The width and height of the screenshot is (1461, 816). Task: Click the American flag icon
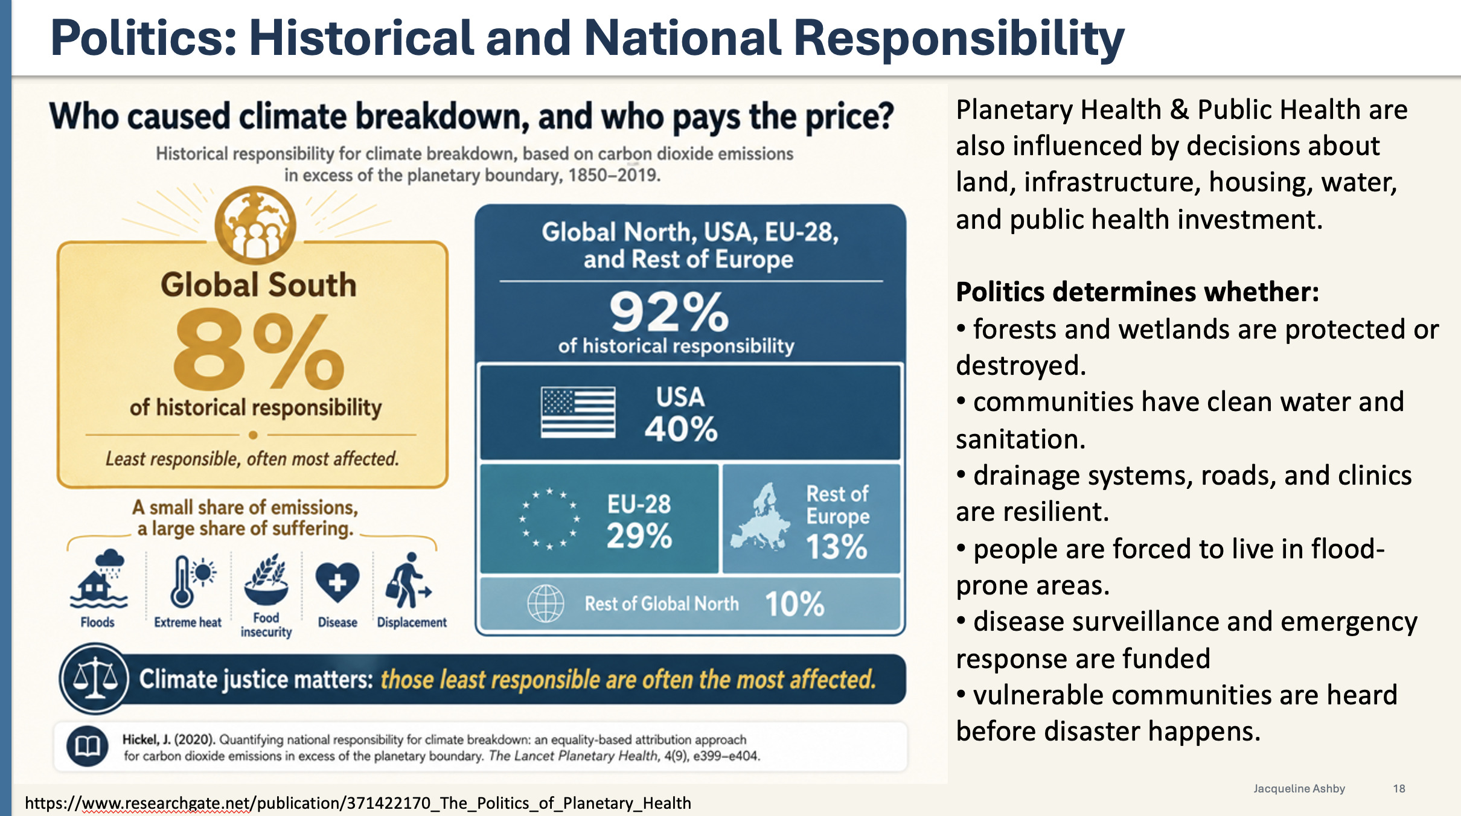tap(578, 412)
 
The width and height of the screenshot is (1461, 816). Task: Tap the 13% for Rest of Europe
tap(837, 547)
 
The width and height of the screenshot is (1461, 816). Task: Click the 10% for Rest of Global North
tap(794, 604)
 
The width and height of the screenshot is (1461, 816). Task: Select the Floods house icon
tap(98, 581)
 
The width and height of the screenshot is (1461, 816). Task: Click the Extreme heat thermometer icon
tap(191, 581)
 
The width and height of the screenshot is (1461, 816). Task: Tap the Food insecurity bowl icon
tap(266, 579)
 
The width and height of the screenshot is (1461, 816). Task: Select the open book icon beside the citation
tap(88, 747)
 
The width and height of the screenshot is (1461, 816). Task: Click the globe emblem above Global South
tap(255, 225)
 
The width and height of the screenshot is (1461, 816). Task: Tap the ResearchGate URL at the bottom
tap(358, 803)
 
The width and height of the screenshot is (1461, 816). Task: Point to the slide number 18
tap(1399, 789)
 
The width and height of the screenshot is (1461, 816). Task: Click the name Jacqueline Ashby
tap(1299, 789)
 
